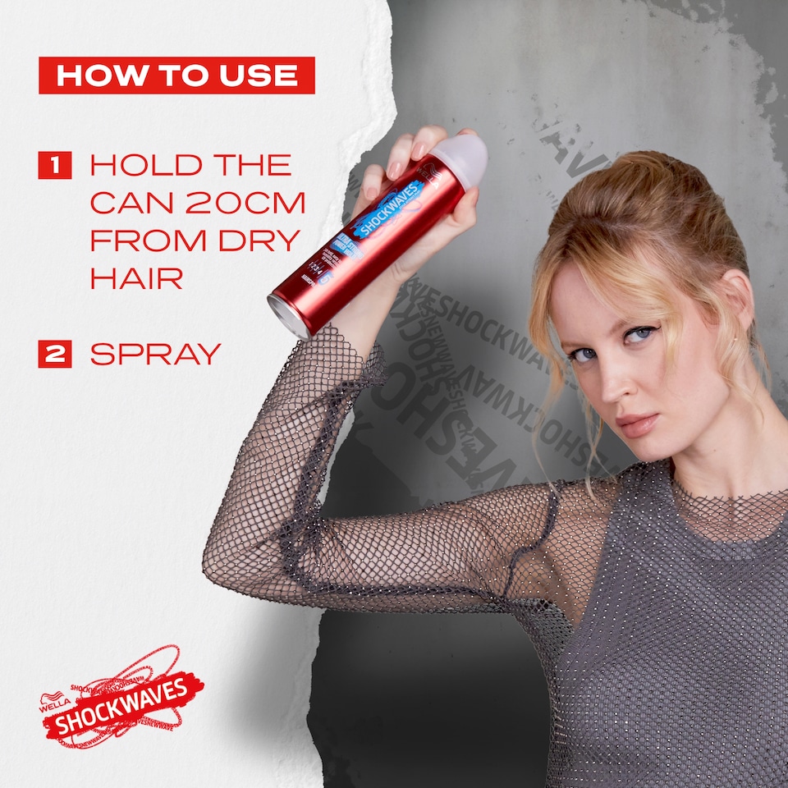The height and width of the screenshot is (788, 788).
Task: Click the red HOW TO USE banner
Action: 176,76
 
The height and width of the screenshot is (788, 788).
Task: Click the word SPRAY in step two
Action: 155,354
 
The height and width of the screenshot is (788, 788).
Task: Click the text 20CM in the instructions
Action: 254,203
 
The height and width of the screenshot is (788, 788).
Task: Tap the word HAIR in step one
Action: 136,278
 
